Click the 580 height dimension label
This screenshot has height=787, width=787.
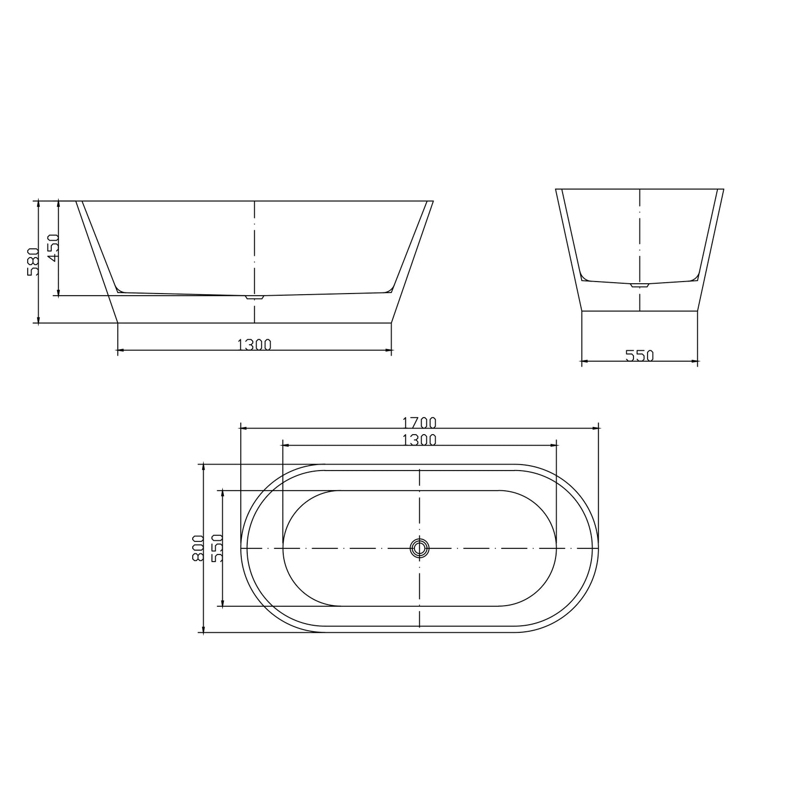(x=33, y=262)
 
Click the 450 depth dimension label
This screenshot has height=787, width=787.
(x=52, y=248)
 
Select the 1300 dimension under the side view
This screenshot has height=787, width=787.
(x=254, y=344)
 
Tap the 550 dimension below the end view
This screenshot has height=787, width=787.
(x=639, y=356)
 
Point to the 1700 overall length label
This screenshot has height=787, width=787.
(x=419, y=422)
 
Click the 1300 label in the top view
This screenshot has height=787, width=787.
(x=419, y=440)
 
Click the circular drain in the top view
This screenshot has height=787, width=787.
(x=419, y=548)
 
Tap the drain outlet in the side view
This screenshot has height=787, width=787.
(x=254, y=297)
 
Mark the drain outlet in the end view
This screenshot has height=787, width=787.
(x=639, y=285)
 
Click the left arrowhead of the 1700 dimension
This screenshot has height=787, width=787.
(x=243, y=428)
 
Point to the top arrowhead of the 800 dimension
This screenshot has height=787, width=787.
(x=203, y=467)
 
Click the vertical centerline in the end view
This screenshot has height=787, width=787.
(x=639, y=240)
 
